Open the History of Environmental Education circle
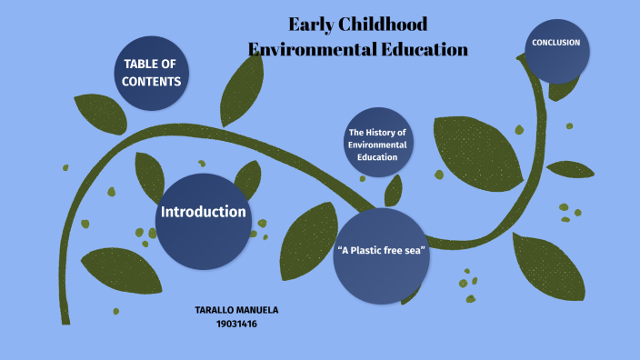click(x=378, y=145)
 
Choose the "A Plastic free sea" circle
click(x=381, y=255)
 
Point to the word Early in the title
click(x=313, y=25)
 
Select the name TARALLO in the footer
click(x=215, y=310)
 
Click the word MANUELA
click(x=258, y=310)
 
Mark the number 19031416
click(x=236, y=323)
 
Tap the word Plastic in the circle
click(x=370, y=250)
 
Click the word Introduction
click(x=204, y=212)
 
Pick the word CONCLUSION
click(x=555, y=43)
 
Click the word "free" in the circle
click(x=396, y=250)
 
